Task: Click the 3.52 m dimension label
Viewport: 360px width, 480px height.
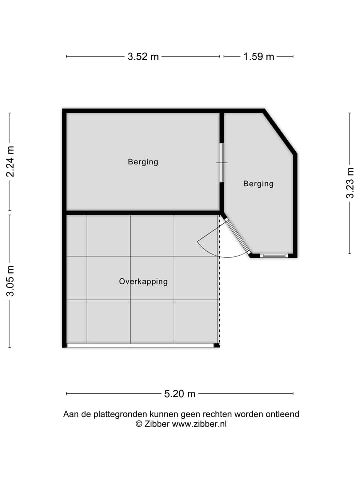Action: (143, 56)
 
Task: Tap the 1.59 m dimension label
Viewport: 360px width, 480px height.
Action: (259, 56)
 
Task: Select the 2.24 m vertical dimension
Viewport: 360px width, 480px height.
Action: (10, 161)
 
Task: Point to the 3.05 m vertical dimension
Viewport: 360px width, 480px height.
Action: (10, 281)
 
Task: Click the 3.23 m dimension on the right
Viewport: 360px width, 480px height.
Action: (350, 183)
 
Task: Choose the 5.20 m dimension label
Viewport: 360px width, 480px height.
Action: (180, 394)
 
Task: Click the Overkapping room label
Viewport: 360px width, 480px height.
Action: (143, 281)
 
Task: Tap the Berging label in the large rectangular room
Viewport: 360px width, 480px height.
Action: (143, 162)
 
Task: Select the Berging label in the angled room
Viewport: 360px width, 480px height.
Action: (258, 184)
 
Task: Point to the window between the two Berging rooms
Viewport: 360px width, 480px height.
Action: (222, 163)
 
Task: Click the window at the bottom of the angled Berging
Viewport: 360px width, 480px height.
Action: (274, 256)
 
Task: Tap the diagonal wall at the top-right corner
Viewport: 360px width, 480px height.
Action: (280, 132)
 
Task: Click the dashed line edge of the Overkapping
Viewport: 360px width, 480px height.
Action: (219, 300)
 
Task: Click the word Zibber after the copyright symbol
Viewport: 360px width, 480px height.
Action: (157, 424)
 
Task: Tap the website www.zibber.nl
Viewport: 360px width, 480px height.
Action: (199, 424)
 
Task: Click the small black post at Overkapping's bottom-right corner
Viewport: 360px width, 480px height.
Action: (216, 345)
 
